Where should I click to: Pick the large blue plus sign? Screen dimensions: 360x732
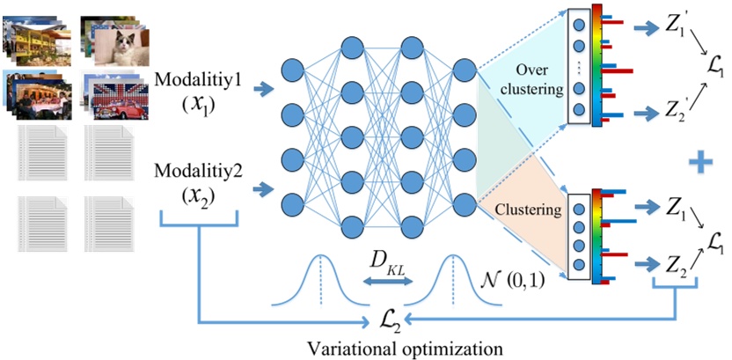click(x=700, y=163)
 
